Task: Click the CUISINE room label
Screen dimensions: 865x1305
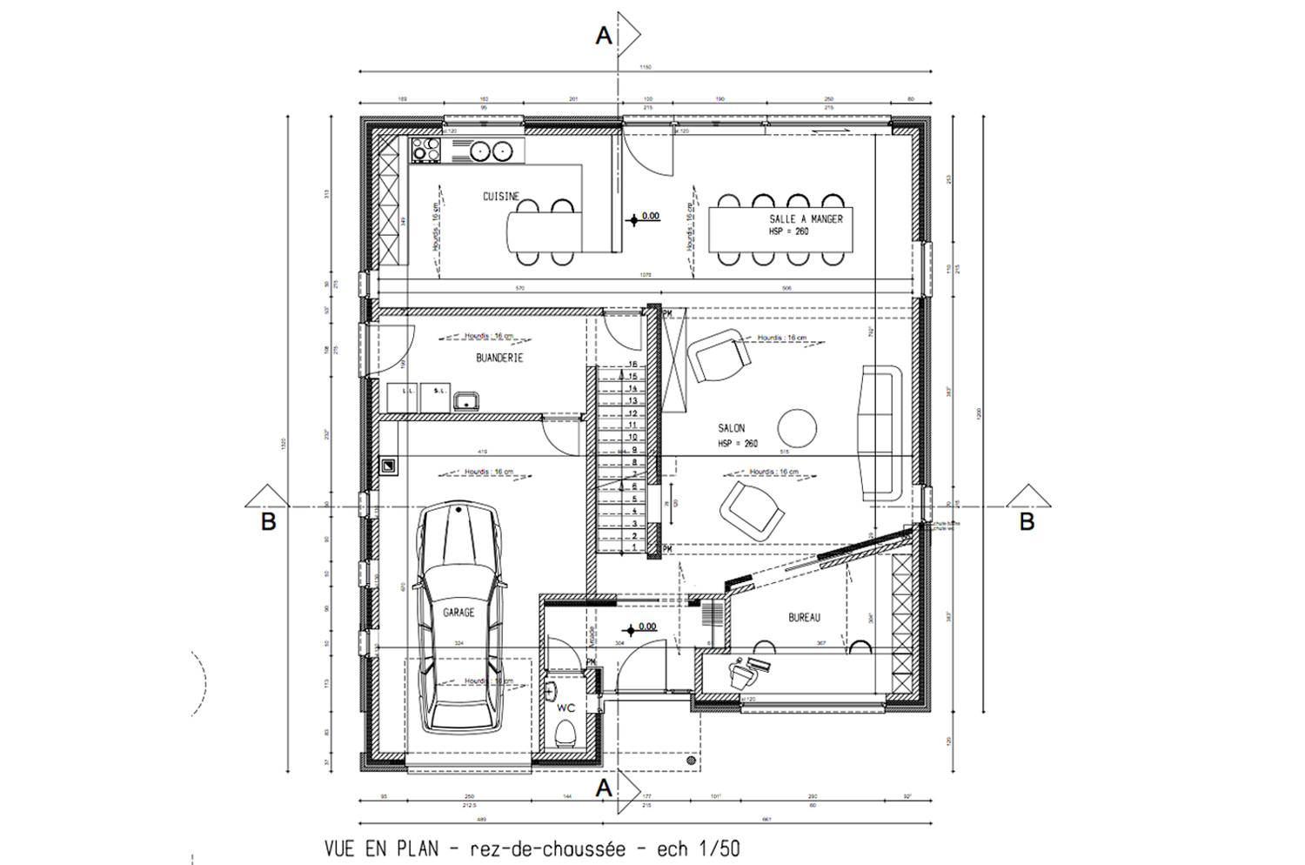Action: pos(500,197)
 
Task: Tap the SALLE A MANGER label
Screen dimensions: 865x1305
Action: pos(806,219)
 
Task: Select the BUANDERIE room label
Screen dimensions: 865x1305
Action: pos(499,358)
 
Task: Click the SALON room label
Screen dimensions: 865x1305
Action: pos(731,428)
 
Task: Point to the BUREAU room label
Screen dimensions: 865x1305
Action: pos(804,617)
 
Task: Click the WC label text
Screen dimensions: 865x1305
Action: pos(565,708)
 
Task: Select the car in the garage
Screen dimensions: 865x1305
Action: pos(458,618)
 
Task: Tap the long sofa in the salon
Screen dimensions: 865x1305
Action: pos(880,432)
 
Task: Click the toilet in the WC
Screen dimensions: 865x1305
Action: pos(565,733)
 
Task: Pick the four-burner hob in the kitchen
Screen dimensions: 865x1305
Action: pos(426,151)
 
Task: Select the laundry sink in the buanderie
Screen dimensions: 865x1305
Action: pos(467,400)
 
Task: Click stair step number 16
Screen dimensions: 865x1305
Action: pos(633,365)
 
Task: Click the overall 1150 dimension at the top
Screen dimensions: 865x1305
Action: pos(646,67)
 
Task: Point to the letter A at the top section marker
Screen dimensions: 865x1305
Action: pos(603,36)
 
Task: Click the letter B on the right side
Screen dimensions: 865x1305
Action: pos(1027,522)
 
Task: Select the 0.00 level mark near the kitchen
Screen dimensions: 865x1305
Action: pos(650,216)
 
